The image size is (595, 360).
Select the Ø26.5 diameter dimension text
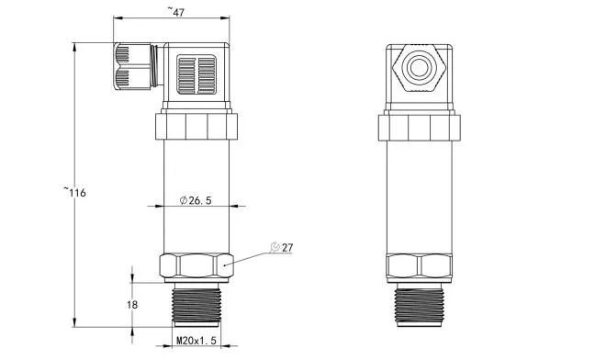click(x=194, y=200)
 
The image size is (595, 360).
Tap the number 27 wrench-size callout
click(x=286, y=248)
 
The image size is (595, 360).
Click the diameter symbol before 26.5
click(x=184, y=200)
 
